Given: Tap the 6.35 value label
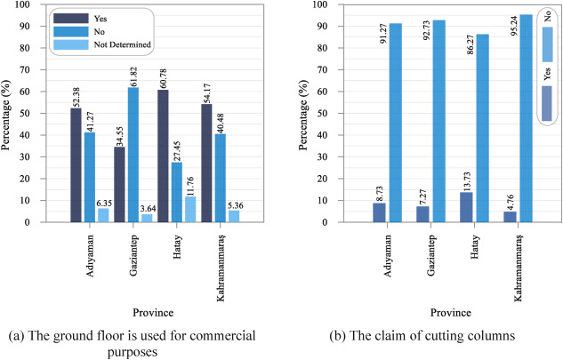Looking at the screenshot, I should (104, 198).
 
